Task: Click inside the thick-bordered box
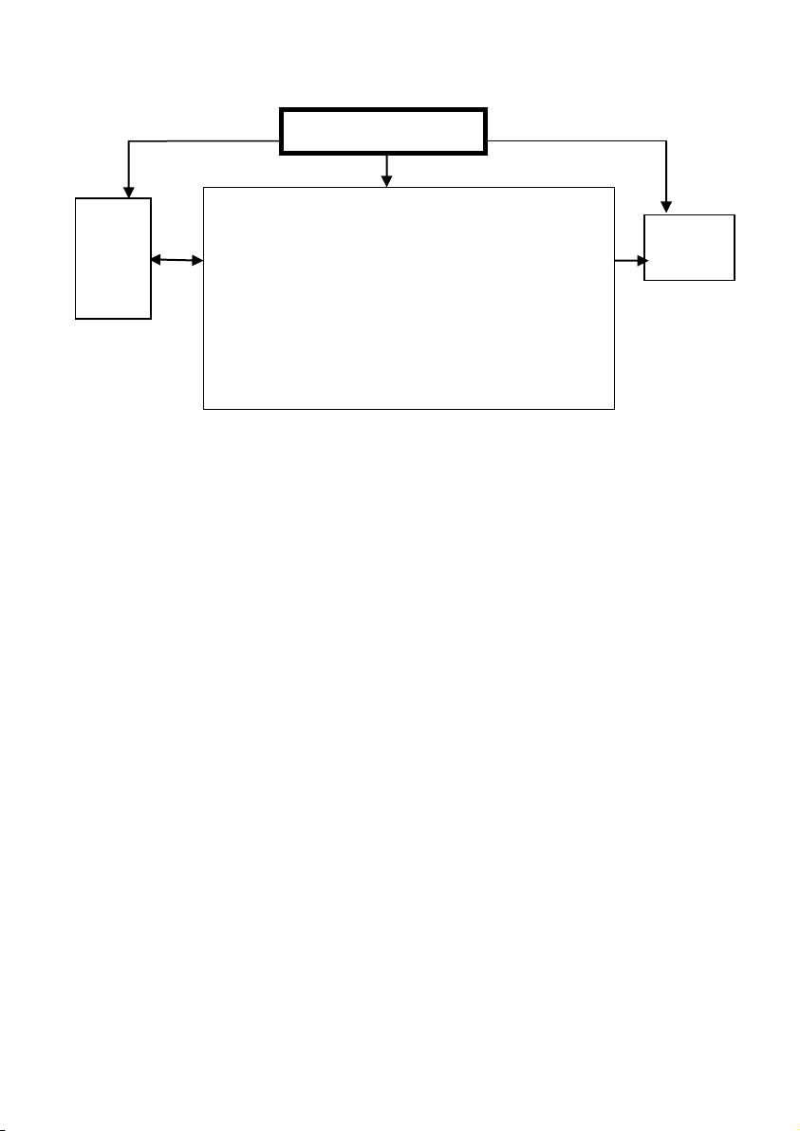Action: point(382,132)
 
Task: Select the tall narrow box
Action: point(113,258)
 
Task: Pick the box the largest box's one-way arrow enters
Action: point(689,248)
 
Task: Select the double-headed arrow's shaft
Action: point(177,259)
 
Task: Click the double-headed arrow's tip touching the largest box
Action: point(198,259)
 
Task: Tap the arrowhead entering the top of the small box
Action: point(665,206)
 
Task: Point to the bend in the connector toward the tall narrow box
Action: point(128,141)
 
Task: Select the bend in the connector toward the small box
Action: point(665,141)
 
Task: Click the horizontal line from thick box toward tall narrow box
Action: point(204,141)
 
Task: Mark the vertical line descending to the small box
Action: point(665,171)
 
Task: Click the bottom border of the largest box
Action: point(409,409)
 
